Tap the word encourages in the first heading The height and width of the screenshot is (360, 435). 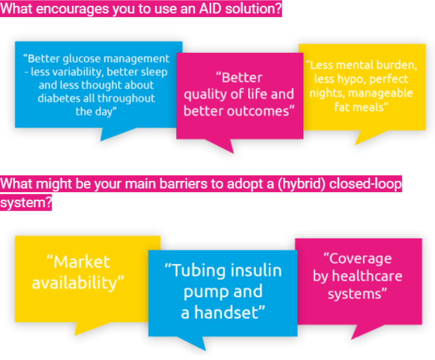(72, 9)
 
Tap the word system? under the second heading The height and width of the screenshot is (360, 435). (26, 202)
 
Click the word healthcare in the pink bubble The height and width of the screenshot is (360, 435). (367, 276)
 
